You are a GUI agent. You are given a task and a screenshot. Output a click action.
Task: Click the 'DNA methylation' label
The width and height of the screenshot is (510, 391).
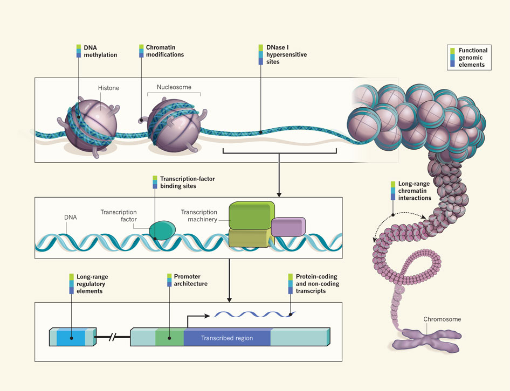pyautogui.click(x=100, y=51)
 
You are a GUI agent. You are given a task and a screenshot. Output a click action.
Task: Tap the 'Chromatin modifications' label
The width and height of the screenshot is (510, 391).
pyautogui.click(x=164, y=51)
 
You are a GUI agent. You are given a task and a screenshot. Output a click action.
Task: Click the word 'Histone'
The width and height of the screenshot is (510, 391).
pyautogui.click(x=108, y=88)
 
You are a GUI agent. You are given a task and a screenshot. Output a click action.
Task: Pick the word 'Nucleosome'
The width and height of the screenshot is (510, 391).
pyautogui.click(x=174, y=87)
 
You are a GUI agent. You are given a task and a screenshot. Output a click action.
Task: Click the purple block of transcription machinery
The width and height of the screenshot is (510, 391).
pyautogui.click(x=288, y=227)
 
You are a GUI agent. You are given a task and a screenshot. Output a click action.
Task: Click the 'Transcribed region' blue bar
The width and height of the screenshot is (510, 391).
pyautogui.click(x=226, y=338)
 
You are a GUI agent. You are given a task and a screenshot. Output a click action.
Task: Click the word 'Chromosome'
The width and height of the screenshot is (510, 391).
pyautogui.click(x=442, y=319)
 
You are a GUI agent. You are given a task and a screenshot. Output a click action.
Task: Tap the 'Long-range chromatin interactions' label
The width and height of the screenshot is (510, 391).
pyautogui.click(x=415, y=191)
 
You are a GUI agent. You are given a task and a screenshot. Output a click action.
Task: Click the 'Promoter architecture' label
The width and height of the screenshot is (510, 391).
pyautogui.click(x=190, y=280)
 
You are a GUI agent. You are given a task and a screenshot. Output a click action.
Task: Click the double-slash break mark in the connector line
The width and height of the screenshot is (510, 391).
pyautogui.click(x=114, y=339)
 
